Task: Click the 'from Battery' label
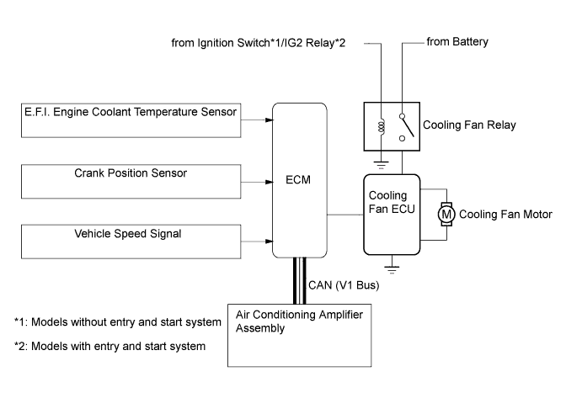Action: tap(457, 42)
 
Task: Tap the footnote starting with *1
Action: tap(118, 321)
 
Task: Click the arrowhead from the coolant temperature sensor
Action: tap(267, 119)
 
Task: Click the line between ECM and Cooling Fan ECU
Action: tap(344, 214)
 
